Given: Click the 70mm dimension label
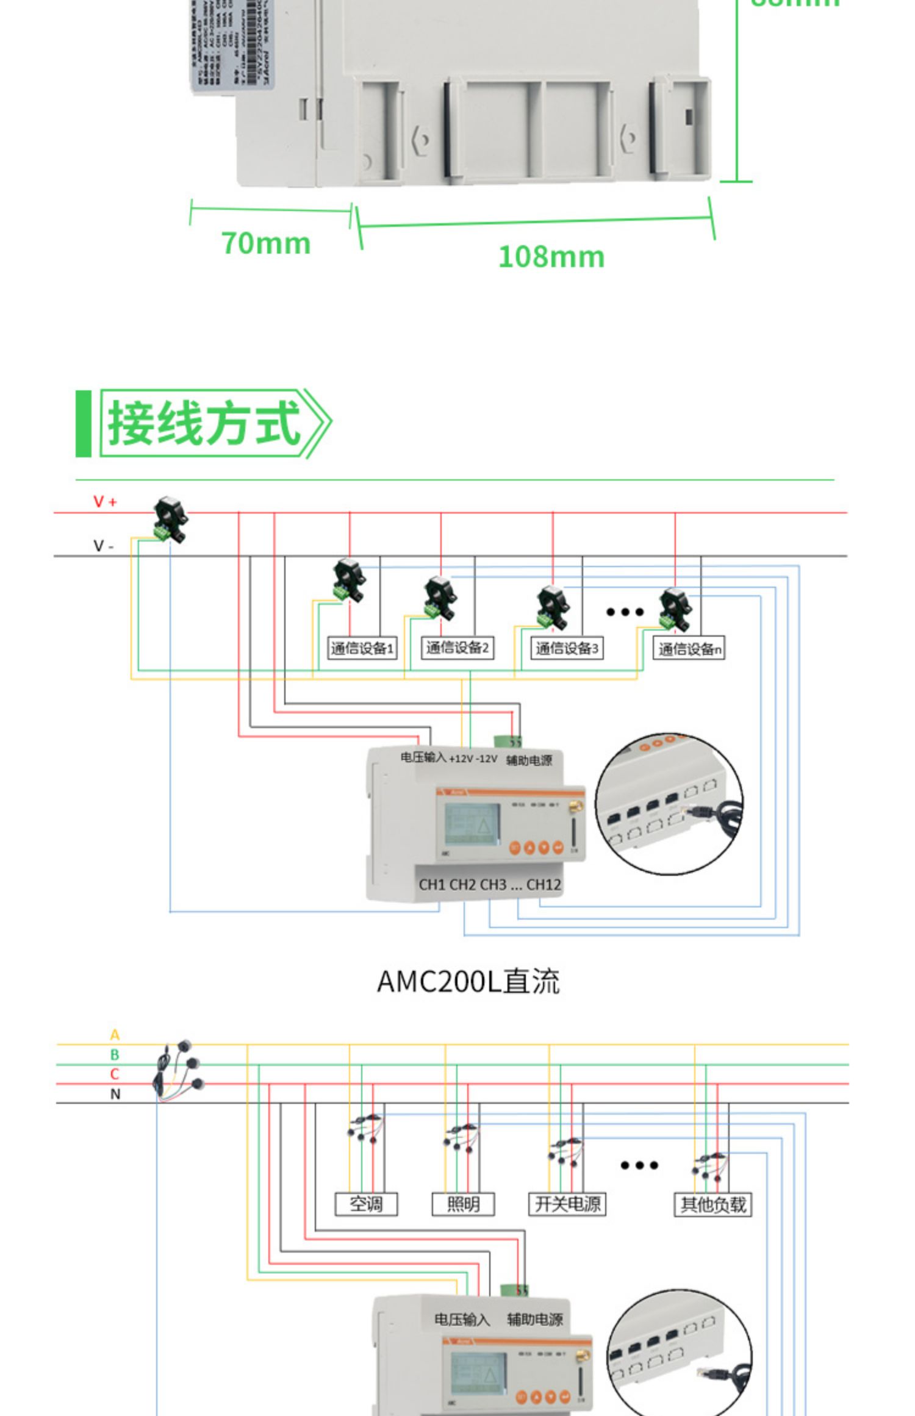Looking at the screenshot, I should coord(266,243).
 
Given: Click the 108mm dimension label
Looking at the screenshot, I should coord(551,257).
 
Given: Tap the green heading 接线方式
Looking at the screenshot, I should coord(204,423).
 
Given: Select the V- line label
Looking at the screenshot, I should coord(103,546).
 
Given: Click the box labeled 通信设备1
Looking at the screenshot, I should coord(362,648).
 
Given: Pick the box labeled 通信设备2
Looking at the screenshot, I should coord(457,648).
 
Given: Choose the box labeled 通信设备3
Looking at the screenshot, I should coord(567,648).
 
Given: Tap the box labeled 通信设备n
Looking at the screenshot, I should coord(689,649).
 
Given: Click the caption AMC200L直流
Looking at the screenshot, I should coord(468,981).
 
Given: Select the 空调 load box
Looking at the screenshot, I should coord(366,1204).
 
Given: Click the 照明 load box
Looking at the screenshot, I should coord(463,1204).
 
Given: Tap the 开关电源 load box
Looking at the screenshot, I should coord(567,1204).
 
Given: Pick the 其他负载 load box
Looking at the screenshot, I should coord(712,1204).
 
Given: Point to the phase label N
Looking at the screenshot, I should coord(115,1094).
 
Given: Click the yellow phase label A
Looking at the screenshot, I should coord(115,1035).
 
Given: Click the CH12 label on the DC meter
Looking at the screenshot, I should coord(544,885).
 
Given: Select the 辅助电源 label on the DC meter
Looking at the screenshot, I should coord(529,760).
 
